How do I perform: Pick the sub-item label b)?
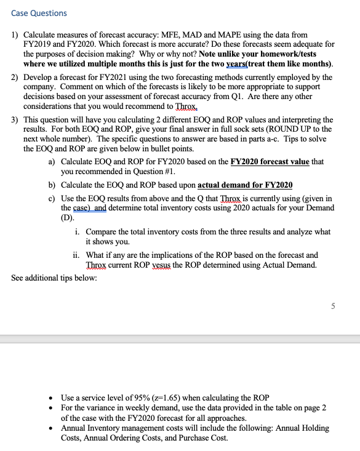coord(52,185)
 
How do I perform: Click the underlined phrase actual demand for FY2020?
coord(245,185)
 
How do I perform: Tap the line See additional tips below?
coord(54,277)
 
